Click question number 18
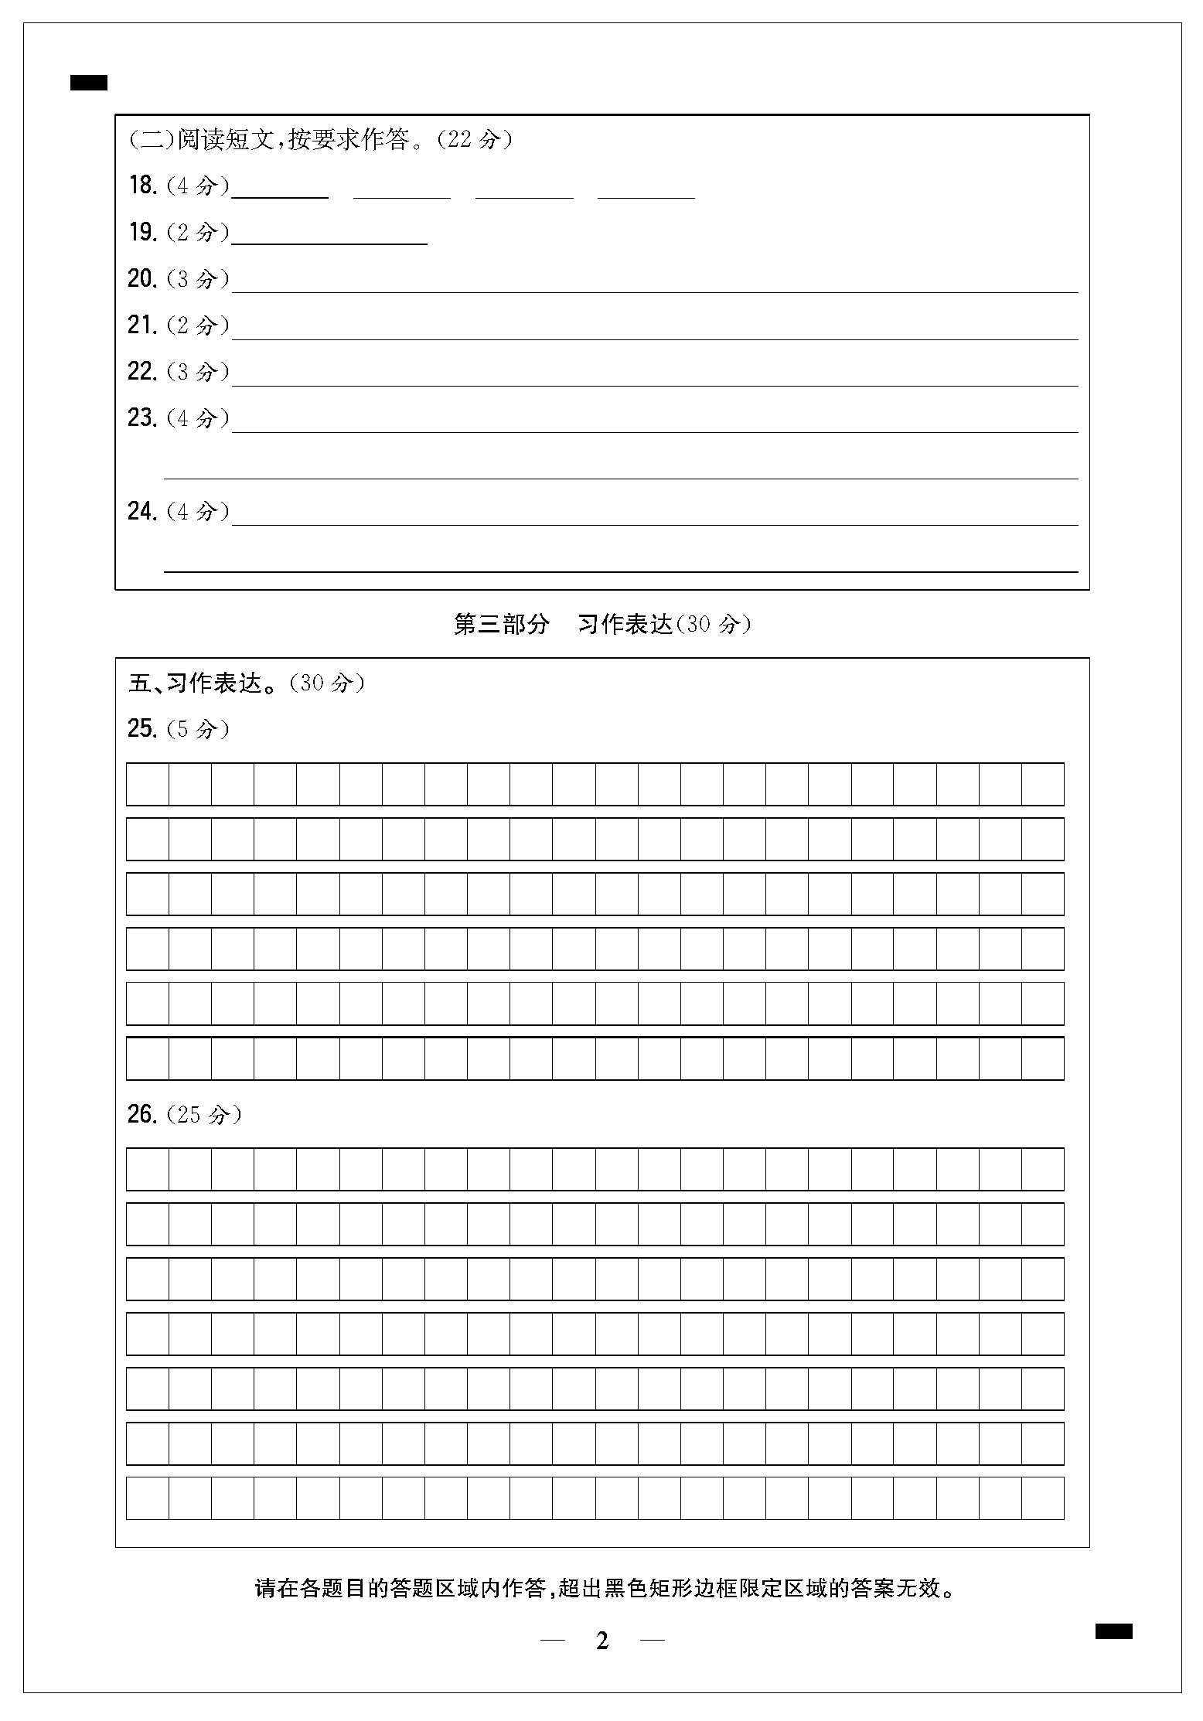pos(142,186)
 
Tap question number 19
pos(142,232)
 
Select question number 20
pos(142,278)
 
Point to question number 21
pos(142,325)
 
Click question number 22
pos(142,371)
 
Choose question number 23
pos(142,417)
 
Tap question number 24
pos(142,511)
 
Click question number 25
pos(142,728)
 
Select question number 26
pos(142,1114)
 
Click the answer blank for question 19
pos(329,235)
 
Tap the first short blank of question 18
pos(280,189)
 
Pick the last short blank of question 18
pos(646,189)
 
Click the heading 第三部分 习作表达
pos(601,624)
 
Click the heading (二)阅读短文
pos(320,139)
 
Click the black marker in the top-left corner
pos(89,83)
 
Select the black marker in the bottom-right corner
pos(1113,1631)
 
